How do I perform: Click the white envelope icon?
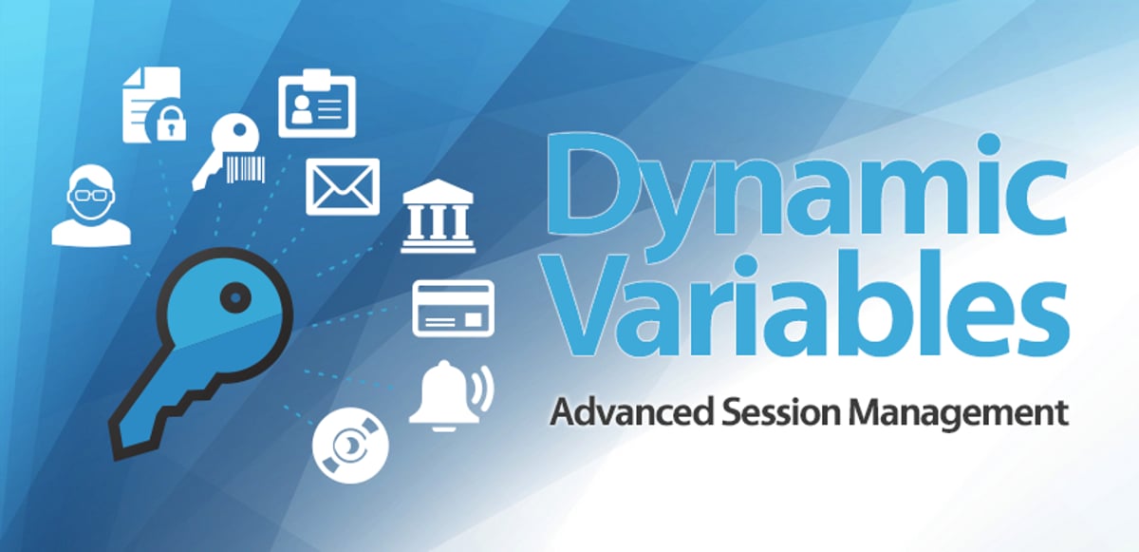[x=343, y=185]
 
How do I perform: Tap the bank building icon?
[x=437, y=219]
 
